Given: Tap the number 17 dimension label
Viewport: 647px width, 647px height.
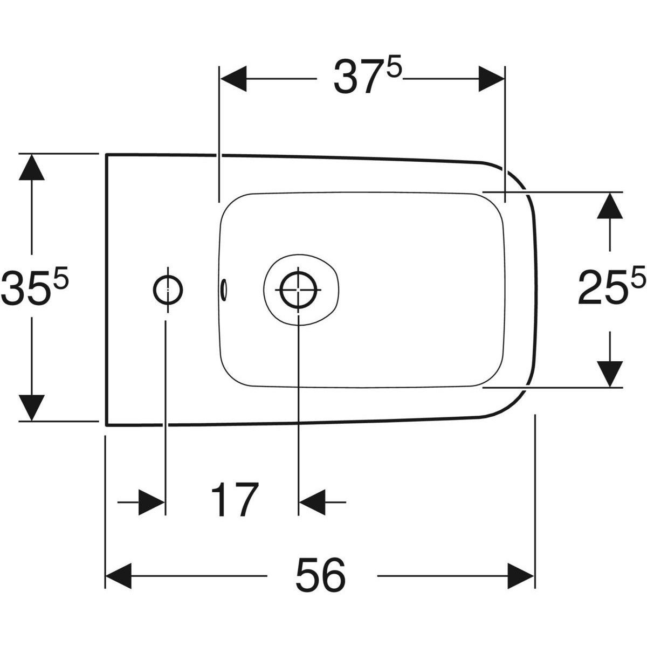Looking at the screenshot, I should click(233, 501).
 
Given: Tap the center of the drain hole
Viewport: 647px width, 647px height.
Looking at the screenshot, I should click(298, 289).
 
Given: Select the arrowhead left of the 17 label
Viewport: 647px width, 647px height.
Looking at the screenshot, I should click(152, 502).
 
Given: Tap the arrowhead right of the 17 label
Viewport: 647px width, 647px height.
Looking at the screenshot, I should click(312, 502).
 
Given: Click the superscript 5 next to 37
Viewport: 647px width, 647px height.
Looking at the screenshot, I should click(395, 71).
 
